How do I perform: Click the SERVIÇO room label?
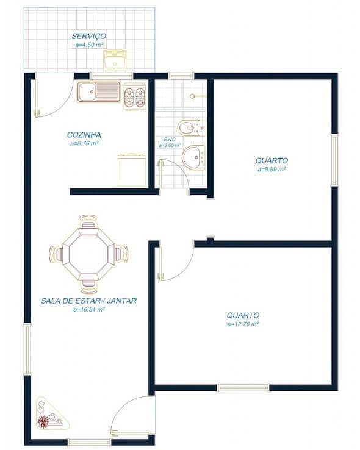click(89, 36)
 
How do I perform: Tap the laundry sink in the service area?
click(113, 61)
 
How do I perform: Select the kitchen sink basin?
click(87, 93)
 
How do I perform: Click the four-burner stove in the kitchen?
click(135, 97)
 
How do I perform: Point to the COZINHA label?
click(84, 135)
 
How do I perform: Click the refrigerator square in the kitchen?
click(132, 170)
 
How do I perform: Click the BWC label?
click(170, 140)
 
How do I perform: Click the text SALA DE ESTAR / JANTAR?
click(89, 301)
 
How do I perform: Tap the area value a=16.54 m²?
click(89, 309)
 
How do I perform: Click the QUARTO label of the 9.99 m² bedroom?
click(272, 160)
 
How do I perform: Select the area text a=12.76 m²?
click(243, 324)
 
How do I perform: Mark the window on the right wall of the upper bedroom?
click(334, 160)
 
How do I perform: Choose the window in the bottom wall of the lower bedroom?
click(243, 387)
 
